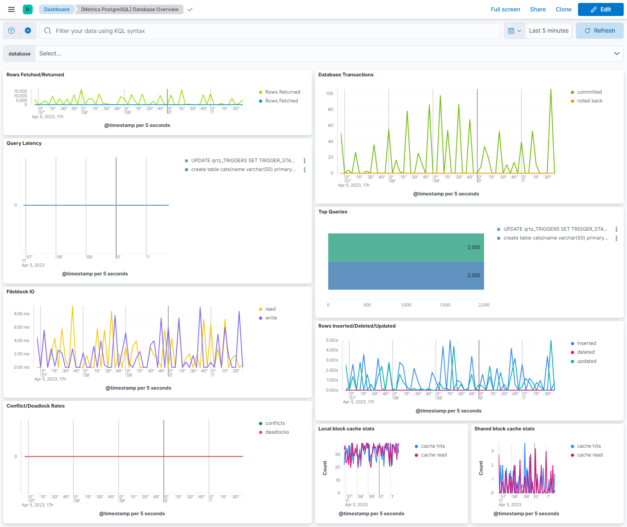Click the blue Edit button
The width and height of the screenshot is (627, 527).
(x=600, y=9)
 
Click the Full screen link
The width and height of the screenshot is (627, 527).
(x=505, y=9)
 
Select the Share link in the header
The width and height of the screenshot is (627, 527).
(x=538, y=9)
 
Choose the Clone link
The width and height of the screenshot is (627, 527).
(x=563, y=9)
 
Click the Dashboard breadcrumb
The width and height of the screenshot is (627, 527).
(x=56, y=9)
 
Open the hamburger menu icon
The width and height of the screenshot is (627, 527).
(x=11, y=9)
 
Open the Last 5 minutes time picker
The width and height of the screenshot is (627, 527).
(x=548, y=31)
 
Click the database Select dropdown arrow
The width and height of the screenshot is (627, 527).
(x=617, y=54)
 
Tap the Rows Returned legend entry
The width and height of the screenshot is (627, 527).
(x=282, y=92)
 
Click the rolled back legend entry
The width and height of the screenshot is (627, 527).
(x=589, y=101)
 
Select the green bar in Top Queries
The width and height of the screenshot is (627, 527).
(x=406, y=247)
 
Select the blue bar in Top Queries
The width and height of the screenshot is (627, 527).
(x=406, y=275)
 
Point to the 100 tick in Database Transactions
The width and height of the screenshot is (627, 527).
(x=330, y=93)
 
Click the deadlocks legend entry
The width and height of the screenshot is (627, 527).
(x=277, y=432)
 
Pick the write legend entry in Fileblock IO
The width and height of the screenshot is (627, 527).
(x=271, y=318)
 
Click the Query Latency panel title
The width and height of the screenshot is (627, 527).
(x=24, y=143)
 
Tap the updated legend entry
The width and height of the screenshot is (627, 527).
(x=586, y=361)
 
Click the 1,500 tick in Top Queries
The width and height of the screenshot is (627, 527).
(x=445, y=305)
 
